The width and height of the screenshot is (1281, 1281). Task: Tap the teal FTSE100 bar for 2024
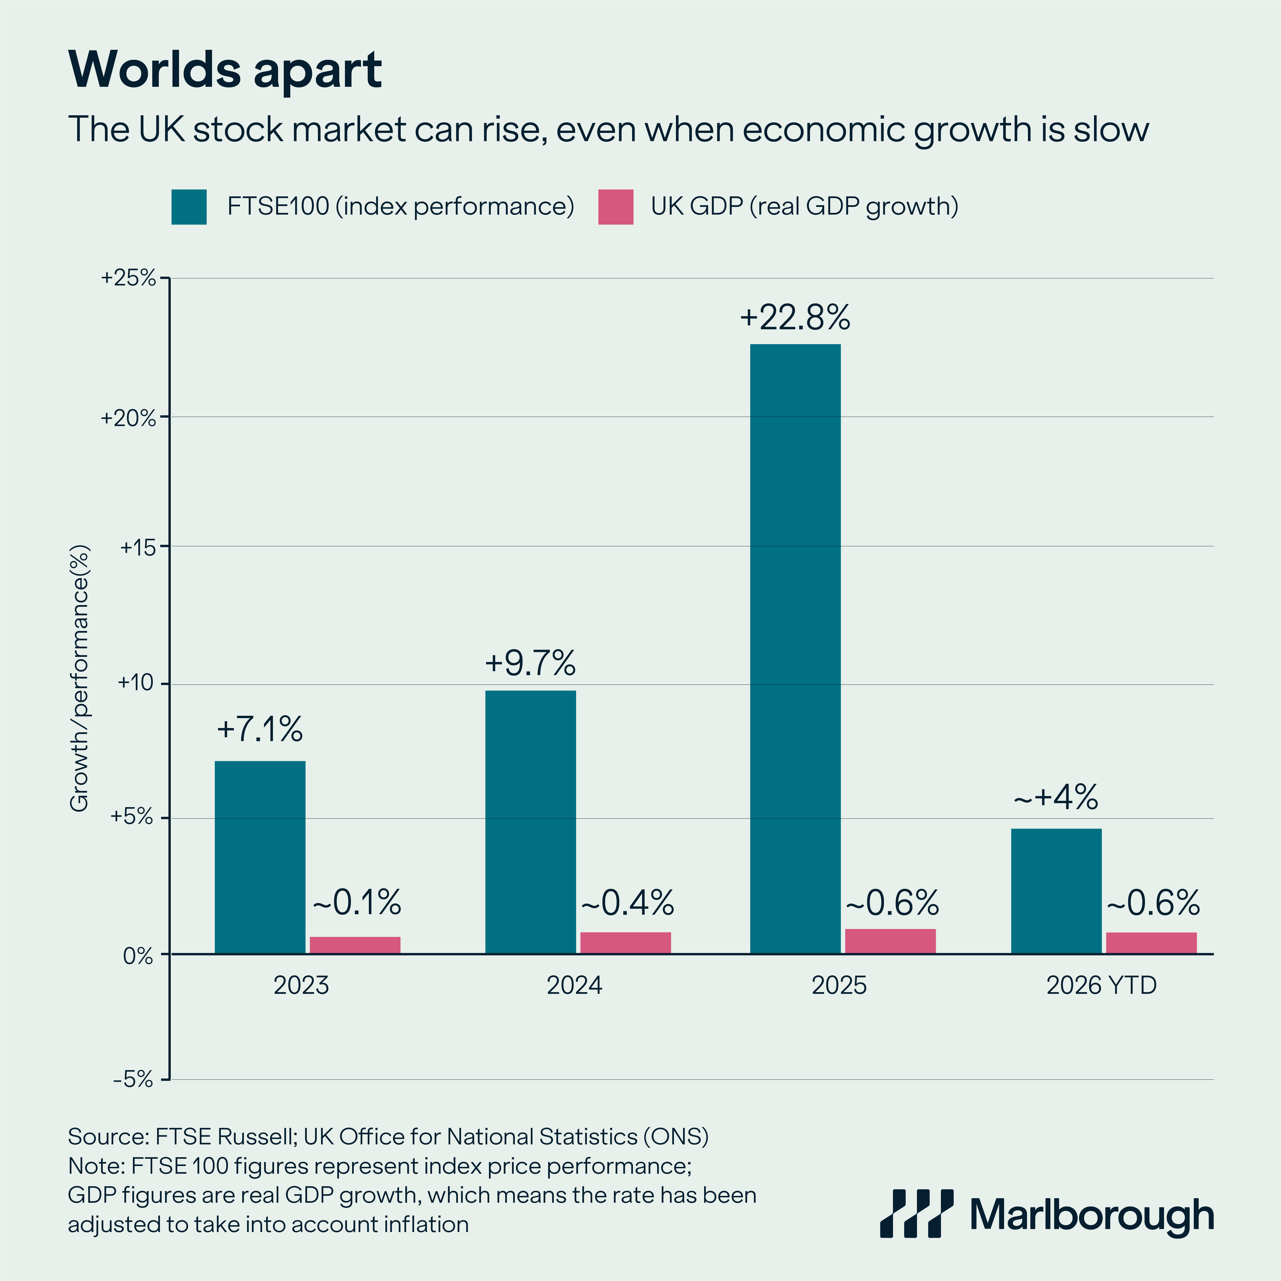(x=531, y=822)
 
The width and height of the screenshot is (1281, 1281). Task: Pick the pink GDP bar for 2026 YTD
(x=1151, y=943)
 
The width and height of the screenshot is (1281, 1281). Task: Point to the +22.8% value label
(x=795, y=318)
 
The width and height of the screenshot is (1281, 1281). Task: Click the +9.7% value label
(x=531, y=663)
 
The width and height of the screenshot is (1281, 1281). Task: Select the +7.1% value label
(x=260, y=729)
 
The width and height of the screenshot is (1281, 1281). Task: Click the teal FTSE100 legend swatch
(x=189, y=207)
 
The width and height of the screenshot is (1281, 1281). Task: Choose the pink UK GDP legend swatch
(x=615, y=207)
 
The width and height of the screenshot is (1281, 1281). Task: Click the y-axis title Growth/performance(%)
(x=80, y=678)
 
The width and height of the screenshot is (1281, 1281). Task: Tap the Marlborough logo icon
(x=916, y=1213)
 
